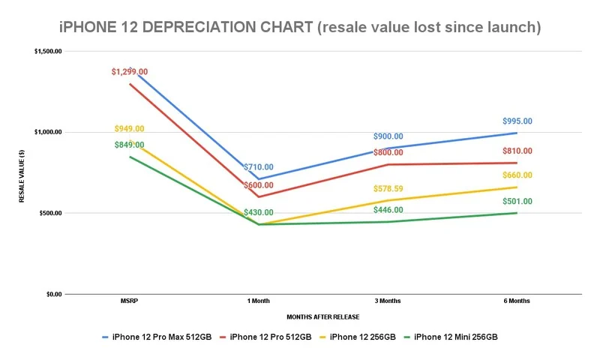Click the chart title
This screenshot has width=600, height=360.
tap(299, 28)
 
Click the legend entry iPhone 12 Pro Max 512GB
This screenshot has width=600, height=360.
tap(154, 337)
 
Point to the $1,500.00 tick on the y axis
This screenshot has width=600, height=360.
tap(47, 51)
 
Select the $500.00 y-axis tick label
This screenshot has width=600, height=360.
tap(49, 213)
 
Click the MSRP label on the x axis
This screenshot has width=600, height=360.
tap(128, 301)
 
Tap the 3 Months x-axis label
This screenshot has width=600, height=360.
tap(387, 301)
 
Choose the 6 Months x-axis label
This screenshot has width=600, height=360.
tap(517, 301)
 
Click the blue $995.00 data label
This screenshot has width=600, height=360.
tap(517, 121)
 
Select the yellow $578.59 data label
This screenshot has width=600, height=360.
tap(388, 187)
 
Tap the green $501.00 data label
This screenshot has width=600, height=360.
tap(517, 201)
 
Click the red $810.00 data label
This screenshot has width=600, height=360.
tap(517, 151)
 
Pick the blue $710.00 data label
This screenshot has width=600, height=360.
tap(258, 167)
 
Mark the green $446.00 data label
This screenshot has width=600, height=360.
tap(388, 210)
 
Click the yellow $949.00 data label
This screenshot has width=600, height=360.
tap(129, 129)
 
